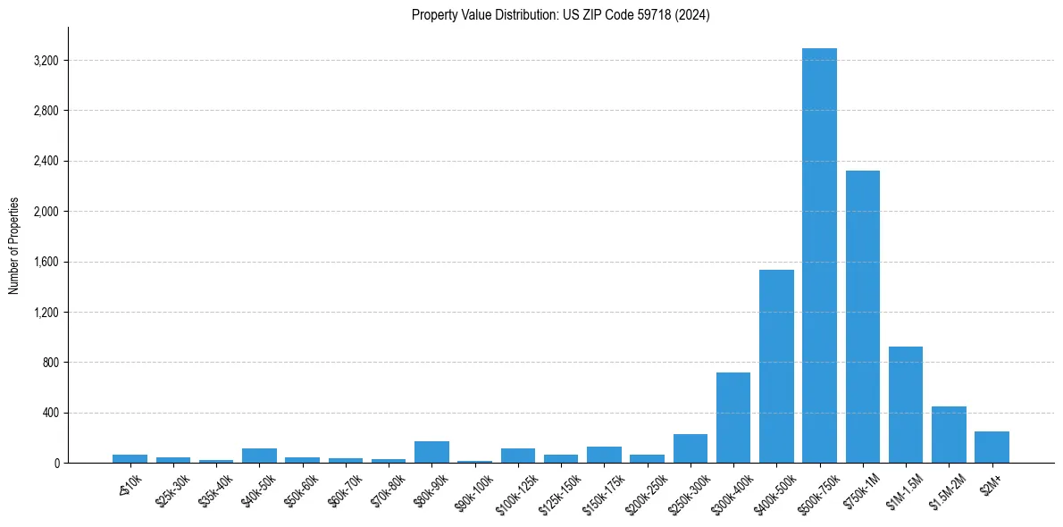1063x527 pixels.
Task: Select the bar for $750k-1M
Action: (862, 317)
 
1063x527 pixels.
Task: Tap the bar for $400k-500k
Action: (776, 366)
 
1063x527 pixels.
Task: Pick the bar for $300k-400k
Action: (733, 418)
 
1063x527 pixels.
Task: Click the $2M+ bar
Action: (992, 448)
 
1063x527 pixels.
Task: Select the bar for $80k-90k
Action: (431, 452)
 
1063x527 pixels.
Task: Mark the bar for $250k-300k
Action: (690, 448)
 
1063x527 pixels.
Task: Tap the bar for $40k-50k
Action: (259, 456)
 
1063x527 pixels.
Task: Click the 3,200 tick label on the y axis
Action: (46, 61)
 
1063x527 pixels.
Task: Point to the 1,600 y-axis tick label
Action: (46, 262)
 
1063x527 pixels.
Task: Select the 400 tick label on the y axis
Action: (50, 413)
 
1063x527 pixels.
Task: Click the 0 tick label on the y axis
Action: (55, 463)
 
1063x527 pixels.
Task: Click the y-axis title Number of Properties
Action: (13, 246)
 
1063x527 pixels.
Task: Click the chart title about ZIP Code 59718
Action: (561, 15)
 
